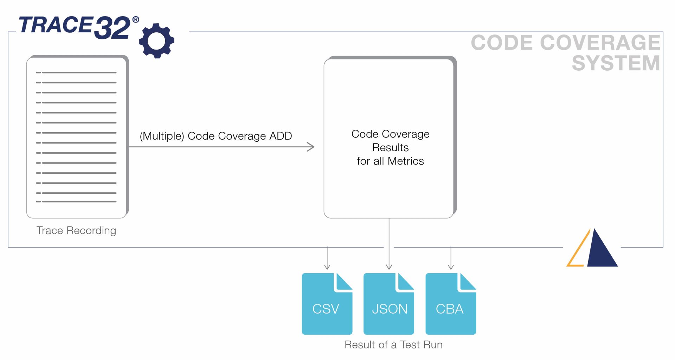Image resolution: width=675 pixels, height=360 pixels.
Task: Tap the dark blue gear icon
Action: tap(156, 41)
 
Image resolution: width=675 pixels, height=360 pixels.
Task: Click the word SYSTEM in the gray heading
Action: tap(616, 63)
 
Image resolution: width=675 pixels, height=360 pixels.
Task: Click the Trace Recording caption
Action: tap(76, 231)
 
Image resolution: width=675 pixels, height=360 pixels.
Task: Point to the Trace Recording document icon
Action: tap(77, 137)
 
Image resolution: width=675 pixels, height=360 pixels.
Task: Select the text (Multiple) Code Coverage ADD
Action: tap(216, 136)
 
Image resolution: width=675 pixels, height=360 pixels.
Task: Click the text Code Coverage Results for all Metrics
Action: tap(390, 147)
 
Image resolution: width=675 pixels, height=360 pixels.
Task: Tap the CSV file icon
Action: tap(327, 304)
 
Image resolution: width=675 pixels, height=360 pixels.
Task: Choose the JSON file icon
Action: tap(388, 304)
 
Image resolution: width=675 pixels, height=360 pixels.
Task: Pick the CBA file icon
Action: tap(450, 304)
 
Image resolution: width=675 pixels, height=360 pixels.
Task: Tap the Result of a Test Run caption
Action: tap(393, 345)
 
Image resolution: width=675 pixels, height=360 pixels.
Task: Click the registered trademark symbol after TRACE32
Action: tap(136, 20)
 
